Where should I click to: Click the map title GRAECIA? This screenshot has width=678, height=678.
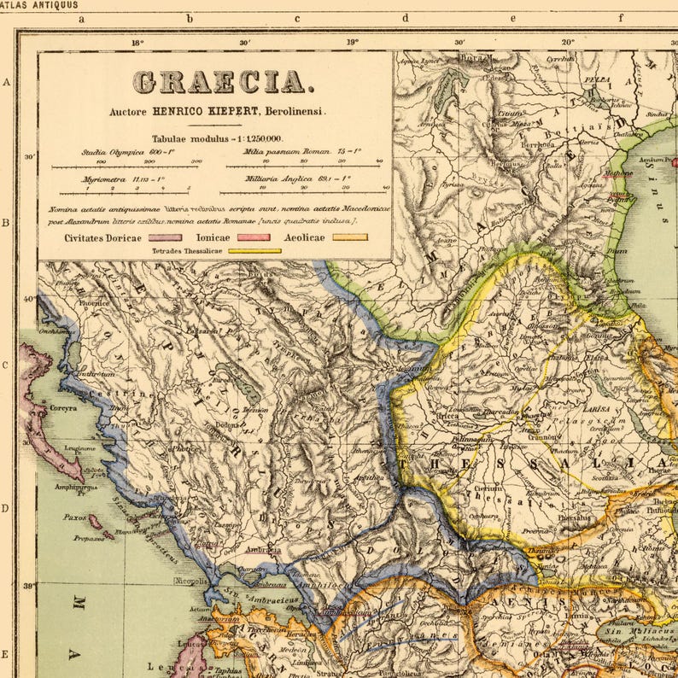click(x=221, y=82)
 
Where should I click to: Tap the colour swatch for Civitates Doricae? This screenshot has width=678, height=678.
click(x=165, y=237)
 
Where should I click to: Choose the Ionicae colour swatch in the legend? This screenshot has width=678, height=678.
click(x=253, y=237)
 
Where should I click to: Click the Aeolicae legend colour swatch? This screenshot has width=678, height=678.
click(x=350, y=237)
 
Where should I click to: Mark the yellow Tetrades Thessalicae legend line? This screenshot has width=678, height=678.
click(x=254, y=251)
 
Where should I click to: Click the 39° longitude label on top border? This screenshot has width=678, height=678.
click(x=352, y=41)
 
